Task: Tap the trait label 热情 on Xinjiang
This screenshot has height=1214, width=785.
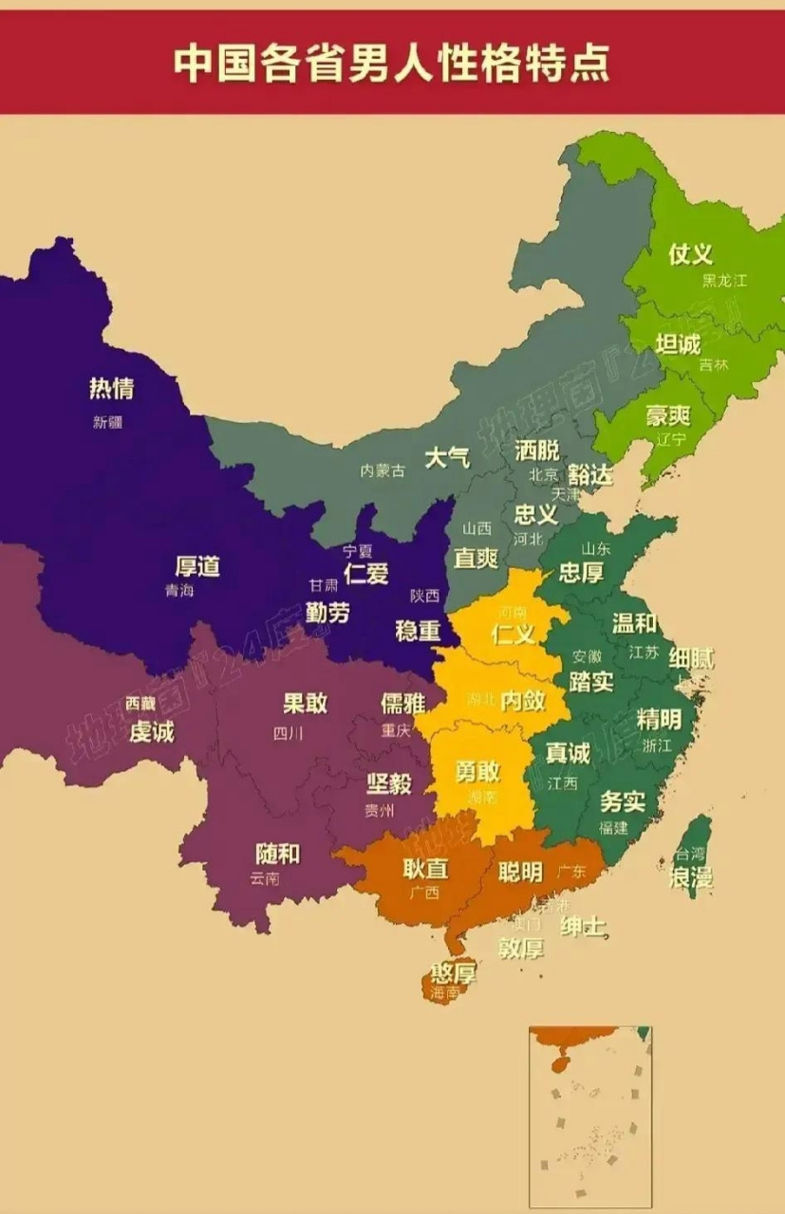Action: coord(111,388)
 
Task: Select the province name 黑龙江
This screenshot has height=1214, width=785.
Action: coord(724,281)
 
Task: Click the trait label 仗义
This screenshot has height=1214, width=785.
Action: coord(690,254)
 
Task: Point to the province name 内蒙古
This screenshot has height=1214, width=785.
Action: coord(383,471)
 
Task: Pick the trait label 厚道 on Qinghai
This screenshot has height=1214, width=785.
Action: coord(197,566)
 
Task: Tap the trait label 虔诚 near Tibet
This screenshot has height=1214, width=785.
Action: coord(152,731)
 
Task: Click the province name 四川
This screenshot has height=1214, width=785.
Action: coord(288,733)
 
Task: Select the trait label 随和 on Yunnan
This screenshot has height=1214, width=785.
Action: coord(277,854)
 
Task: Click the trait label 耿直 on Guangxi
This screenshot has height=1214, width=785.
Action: coord(424,869)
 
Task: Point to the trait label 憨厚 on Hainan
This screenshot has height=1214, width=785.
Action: coord(453,973)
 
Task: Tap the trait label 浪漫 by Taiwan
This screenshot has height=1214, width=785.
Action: coord(691,878)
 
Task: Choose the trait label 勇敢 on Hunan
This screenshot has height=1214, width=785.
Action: coord(477,771)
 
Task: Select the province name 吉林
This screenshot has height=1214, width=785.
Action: coord(713,365)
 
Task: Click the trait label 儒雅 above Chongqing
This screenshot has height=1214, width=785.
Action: coord(402,703)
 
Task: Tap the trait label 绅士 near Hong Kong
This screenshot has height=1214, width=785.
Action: coord(584,927)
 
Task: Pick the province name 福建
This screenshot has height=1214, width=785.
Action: coord(613,827)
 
